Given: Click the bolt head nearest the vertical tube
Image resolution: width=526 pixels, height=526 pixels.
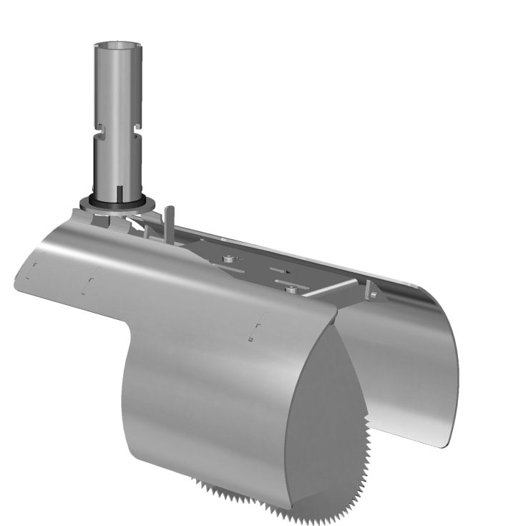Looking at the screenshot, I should (228, 258).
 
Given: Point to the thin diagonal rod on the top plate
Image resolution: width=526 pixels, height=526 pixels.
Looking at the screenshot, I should (329, 288).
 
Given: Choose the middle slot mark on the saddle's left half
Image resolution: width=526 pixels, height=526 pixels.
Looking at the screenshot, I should (90, 283).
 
